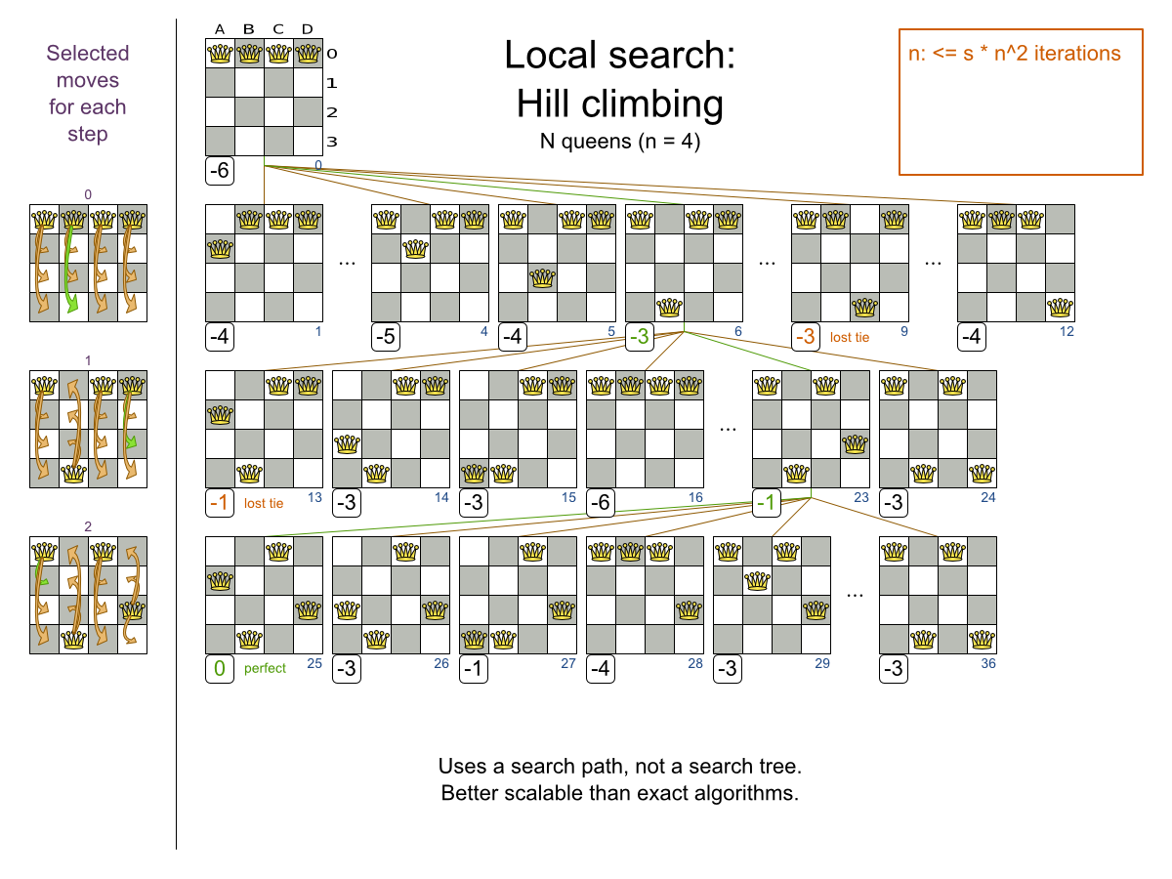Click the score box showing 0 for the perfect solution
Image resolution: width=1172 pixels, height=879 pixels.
pos(220,669)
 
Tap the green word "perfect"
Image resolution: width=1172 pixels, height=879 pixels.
pos(265,668)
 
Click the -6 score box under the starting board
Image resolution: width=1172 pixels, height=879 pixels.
pos(220,171)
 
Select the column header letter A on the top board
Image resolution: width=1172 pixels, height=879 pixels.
pos(220,29)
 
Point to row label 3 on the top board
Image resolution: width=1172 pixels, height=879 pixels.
pos(331,142)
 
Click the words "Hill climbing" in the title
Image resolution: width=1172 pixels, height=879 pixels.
pos(620,104)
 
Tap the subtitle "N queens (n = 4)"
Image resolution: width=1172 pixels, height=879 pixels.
pos(620,142)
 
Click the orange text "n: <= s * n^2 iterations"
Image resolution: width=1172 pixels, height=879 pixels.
pos(1014,54)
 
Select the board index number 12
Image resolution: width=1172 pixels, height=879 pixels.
pos(1067,331)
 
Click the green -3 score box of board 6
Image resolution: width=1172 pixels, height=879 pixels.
pos(639,337)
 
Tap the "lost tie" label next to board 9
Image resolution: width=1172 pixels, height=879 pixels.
pos(849,337)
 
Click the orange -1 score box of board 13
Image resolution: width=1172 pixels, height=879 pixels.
pos(220,503)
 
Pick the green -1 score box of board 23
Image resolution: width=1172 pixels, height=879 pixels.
pos(767,503)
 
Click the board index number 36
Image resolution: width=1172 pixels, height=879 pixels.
pos(987,663)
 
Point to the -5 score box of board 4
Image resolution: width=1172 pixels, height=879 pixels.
pos(386,337)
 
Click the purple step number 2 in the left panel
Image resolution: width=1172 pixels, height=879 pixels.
pos(88,526)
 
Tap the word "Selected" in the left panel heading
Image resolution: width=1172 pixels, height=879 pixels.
pos(88,54)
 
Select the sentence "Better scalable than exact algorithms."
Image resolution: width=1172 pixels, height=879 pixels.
pos(620,793)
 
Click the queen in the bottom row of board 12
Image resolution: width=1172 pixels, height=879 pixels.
pos(1060,308)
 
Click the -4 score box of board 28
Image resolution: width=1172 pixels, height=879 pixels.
pos(600,669)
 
